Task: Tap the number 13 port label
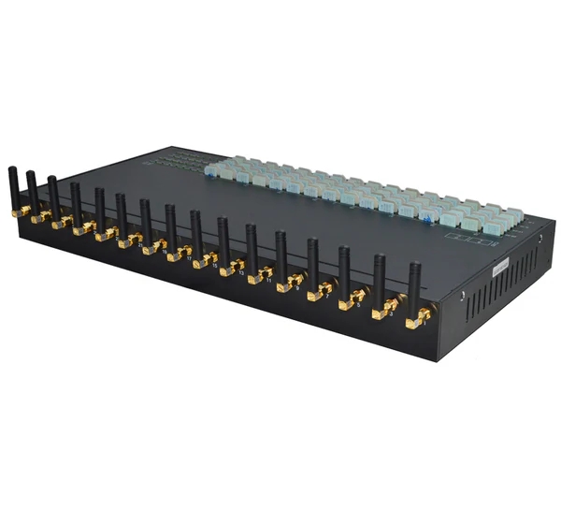241,272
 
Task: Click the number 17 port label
190,258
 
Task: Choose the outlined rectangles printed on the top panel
467,240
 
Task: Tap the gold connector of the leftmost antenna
21,211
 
